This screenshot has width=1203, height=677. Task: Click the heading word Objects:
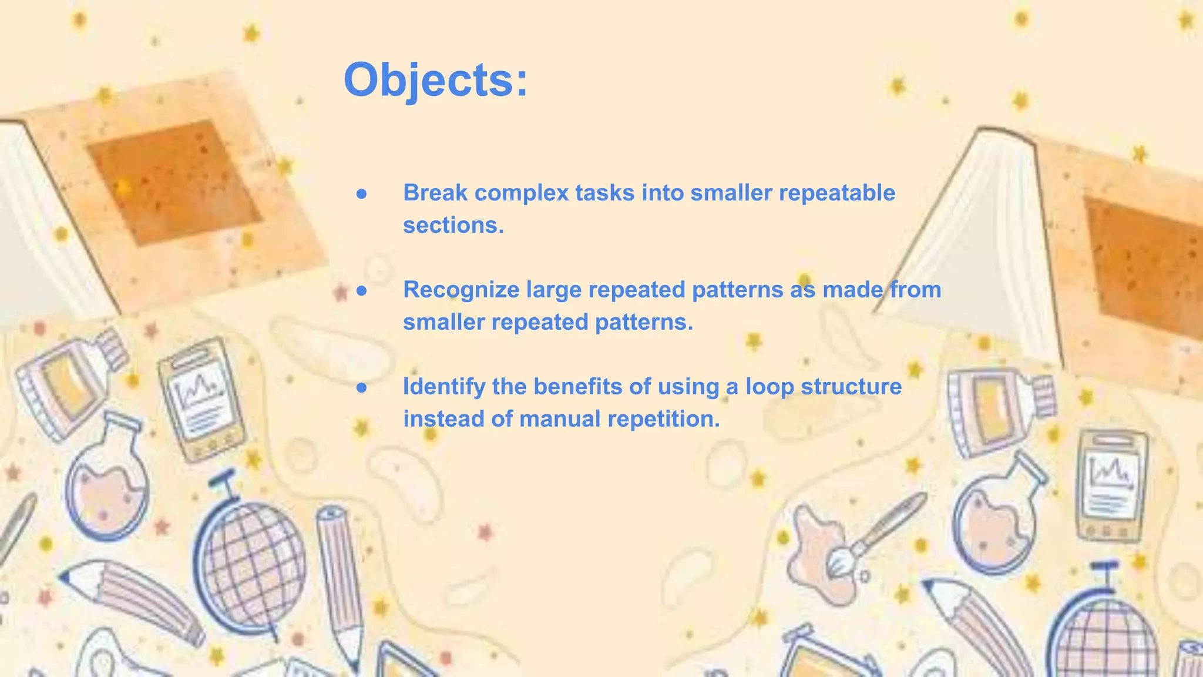(x=435, y=80)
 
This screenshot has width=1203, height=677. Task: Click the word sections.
(x=453, y=225)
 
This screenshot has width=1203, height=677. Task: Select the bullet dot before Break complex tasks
(x=362, y=193)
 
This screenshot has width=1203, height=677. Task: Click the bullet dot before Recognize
(x=362, y=290)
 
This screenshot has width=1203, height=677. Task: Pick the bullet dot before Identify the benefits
(x=362, y=387)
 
